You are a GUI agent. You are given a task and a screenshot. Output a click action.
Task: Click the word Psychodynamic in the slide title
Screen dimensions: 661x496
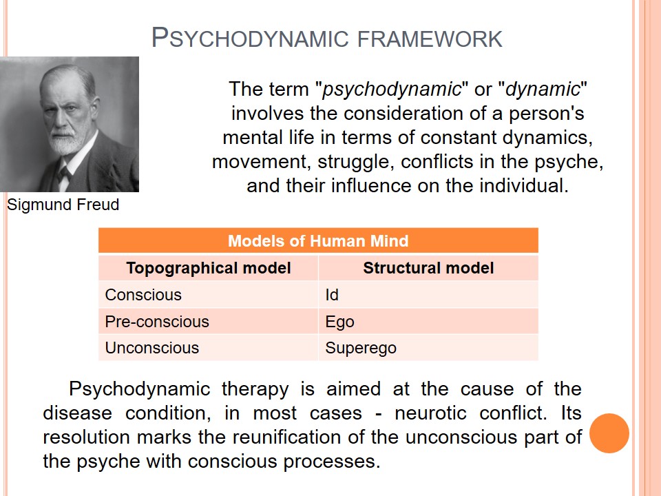(250, 38)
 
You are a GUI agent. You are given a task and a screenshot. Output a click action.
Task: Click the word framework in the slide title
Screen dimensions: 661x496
(430, 39)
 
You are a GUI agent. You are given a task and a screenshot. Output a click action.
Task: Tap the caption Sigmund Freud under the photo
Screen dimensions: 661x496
(63, 205)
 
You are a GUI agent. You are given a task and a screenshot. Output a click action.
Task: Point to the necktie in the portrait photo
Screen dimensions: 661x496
(64, 174)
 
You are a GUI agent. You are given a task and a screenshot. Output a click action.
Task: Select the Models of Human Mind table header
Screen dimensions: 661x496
(318, 241)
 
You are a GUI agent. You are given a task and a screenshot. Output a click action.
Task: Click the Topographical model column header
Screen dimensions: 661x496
(209, 268)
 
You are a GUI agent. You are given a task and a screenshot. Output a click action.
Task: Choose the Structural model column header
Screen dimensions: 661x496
(428, 268)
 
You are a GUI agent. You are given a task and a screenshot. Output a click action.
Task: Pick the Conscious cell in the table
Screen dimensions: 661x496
(208, 294)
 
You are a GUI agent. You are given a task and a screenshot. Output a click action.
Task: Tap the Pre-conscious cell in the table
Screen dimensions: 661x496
(208, 322)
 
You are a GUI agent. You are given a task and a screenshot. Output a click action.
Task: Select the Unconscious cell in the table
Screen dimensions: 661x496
(208, 347)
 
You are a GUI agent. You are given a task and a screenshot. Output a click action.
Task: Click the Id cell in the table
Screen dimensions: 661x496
(428, 294)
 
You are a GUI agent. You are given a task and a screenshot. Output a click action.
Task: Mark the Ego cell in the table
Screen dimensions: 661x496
(428, 322)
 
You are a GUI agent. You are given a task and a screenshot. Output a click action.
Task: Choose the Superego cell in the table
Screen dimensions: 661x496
(428, 347)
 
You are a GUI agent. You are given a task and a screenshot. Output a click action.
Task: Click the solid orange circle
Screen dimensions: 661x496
(609, 433)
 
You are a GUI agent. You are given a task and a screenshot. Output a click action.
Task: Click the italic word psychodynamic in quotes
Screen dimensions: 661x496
(392, 90)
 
